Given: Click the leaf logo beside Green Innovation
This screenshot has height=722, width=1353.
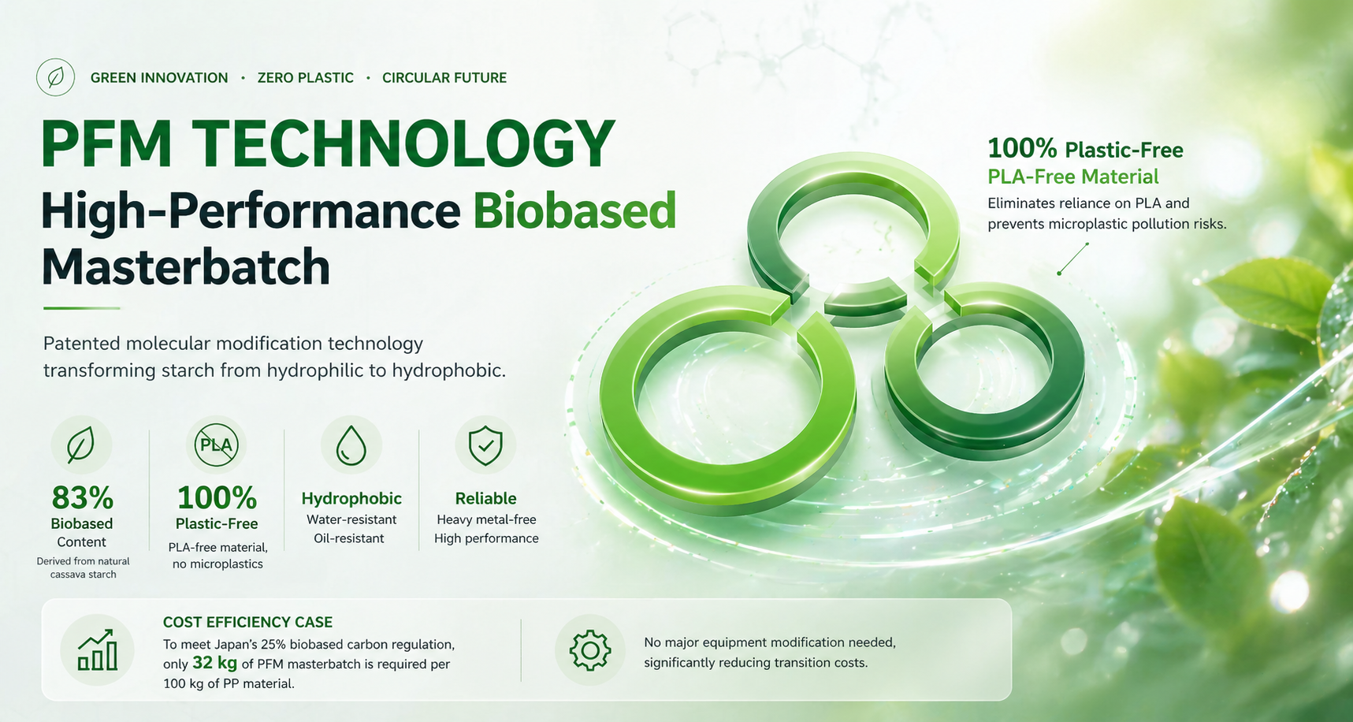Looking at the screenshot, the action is pos(56,77).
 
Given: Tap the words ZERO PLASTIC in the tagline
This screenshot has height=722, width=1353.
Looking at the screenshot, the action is pos(305,78).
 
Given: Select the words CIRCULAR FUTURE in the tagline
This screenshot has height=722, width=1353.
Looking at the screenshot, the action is pos(444,78).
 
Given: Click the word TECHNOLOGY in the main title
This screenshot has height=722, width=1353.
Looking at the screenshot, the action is pos(403,143).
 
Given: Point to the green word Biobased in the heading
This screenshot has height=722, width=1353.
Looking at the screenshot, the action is pos(574,210).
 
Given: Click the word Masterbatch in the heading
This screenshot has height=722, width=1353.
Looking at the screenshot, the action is pos(186,267).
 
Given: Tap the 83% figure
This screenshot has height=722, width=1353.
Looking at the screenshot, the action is pos(83,498).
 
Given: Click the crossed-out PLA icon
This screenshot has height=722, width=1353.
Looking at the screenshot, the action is pos(216,445).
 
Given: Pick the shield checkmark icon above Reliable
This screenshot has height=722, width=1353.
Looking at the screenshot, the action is pos(485,446).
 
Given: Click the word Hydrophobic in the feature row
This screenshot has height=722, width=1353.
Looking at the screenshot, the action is pos(351,499).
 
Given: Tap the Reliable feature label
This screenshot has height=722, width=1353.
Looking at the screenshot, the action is pos(486,499).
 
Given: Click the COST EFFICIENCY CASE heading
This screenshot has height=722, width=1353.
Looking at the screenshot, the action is pos(247,622).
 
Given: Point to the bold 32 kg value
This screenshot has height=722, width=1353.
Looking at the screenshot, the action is pos(214,663).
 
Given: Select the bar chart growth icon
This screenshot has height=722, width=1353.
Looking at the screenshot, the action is pos(98,650).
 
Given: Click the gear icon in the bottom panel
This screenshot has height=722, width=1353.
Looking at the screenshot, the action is pos(590,650).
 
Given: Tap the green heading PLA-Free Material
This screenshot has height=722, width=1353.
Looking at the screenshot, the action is pos(1073,177).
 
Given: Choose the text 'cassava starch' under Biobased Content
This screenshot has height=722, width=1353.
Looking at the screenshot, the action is pos(83,575).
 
